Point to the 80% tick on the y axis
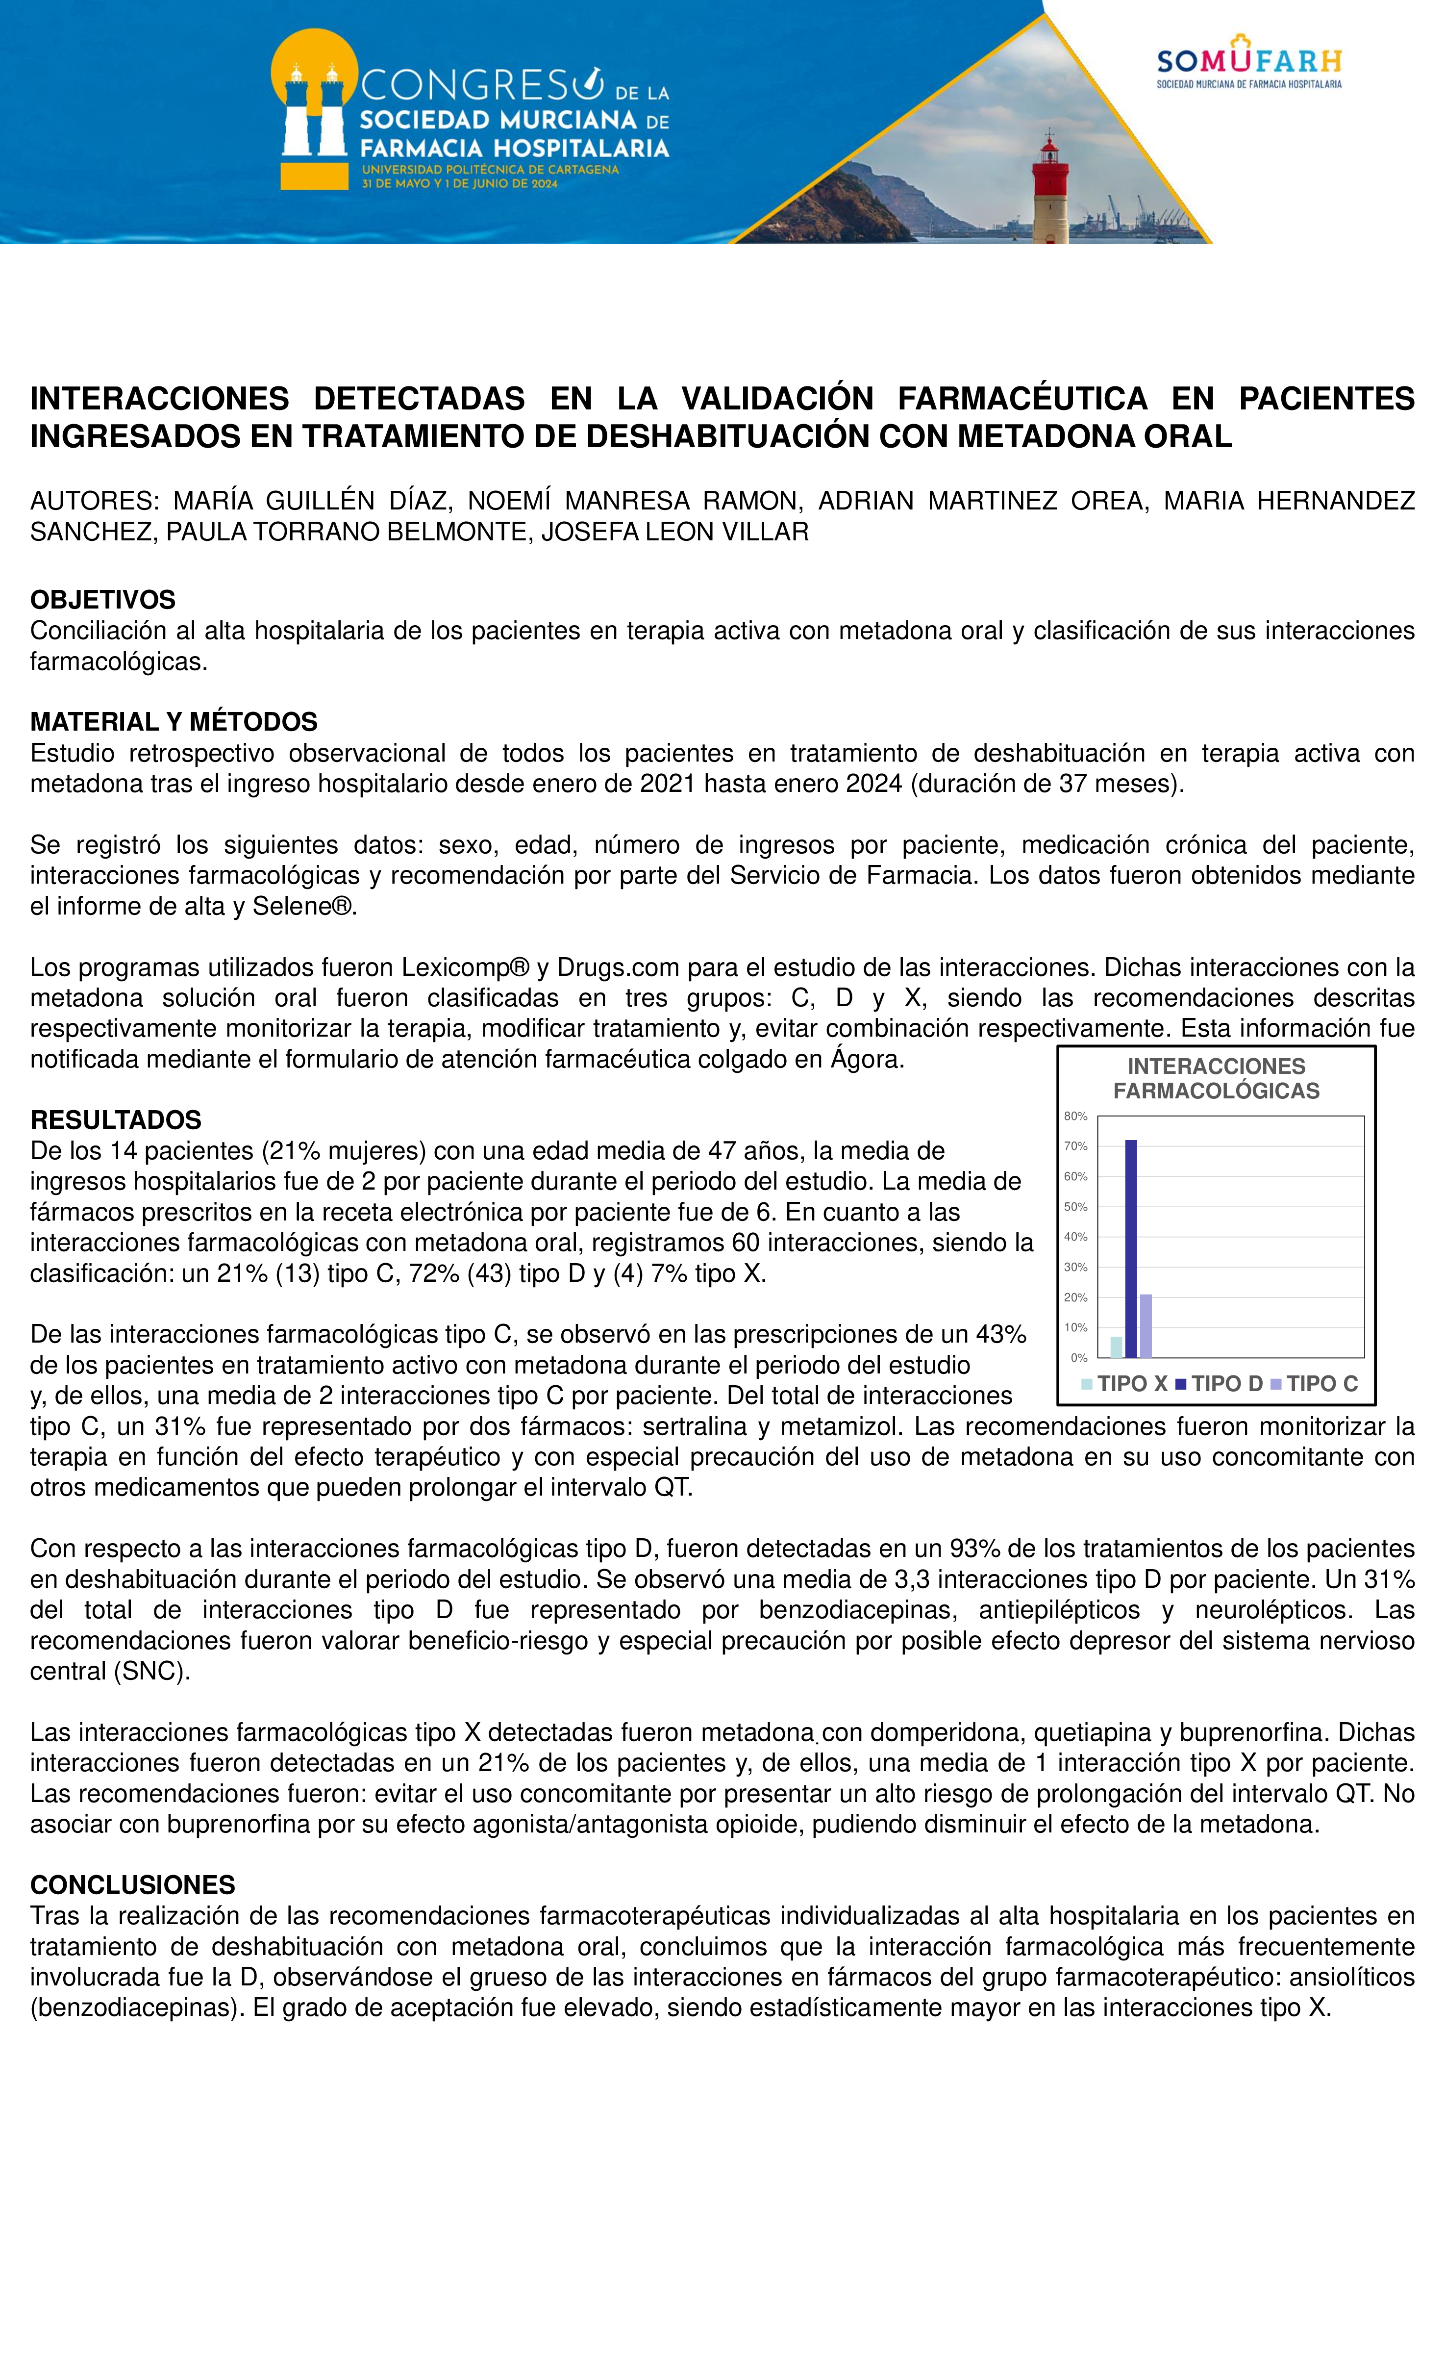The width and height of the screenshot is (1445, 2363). click(x=1076, y=1117)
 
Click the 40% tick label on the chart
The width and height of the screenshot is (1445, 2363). click(x=1076, y=1237)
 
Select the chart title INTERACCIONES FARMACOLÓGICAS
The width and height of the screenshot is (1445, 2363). click(x=1216, y=1079)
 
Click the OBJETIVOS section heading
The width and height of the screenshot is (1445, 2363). click(x=102, y=600)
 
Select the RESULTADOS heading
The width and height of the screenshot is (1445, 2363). click(x=115, y=1120)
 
